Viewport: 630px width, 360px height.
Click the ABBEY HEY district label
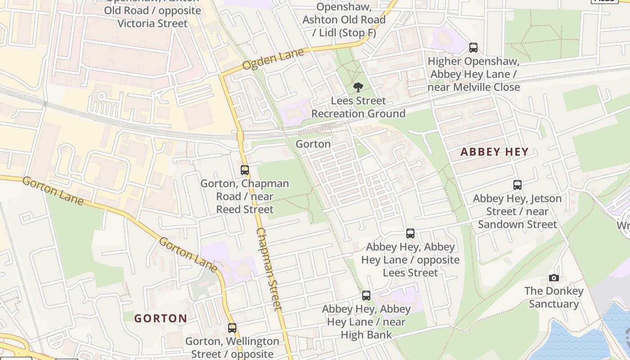tap(494, 152)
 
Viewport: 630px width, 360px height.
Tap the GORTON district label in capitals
tap(161, 319)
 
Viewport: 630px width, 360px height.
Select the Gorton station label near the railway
tap(313, 144)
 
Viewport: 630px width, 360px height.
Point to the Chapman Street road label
tap(269, 269)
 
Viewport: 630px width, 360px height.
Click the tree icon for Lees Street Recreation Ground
tap(358, 87)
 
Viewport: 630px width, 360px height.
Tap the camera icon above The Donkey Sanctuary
tap(554, 278)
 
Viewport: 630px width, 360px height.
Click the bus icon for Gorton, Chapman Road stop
tap(245, 170)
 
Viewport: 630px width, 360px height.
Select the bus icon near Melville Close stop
tap(473, 48)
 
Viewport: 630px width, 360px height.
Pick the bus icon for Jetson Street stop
tap(517, 184)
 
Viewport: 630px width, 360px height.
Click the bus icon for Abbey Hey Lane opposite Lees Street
tap(410, 234)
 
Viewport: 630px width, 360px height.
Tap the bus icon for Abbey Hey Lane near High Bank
tap(366, 296)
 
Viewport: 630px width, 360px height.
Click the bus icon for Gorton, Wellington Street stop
tap(232, 328)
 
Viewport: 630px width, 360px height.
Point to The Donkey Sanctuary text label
tap(553, 297)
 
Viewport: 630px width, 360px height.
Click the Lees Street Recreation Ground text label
tap(358, 107)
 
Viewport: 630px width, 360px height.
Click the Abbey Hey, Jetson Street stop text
tap(517, 211)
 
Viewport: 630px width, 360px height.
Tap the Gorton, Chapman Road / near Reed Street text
tap(245, 197)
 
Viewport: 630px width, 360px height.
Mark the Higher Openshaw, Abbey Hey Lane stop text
tap(473, 74)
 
